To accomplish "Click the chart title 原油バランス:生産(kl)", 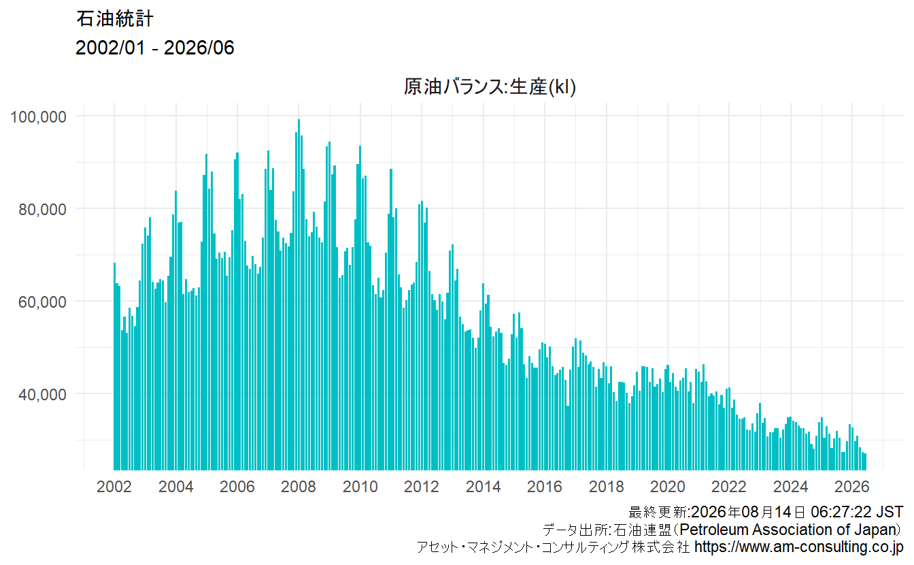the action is (x=490, y=86).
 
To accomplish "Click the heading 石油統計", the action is (x=115, y=19).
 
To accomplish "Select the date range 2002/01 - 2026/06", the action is (x=154, y=48).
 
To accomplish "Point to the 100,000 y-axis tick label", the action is (x=38, y=117).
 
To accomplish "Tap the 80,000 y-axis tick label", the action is (x=42, y=210).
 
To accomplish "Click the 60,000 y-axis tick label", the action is (x=42, y=302).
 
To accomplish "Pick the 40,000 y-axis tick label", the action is (x=42, y=395).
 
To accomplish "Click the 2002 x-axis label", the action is (x=114, y=487).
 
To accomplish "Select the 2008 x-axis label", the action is (x=299, y=487).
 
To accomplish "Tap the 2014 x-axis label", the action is (x=483, y=487).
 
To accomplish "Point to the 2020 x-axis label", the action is (x=668, y=487).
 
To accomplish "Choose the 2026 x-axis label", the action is (x=852, y=487).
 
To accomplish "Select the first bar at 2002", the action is (x=115, y=366).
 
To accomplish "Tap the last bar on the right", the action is (x=865, y=462).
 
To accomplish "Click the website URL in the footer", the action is (x=799, y=547).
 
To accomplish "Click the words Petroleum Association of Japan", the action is (x=790, y=530).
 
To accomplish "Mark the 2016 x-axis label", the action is (x=545, y=487).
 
